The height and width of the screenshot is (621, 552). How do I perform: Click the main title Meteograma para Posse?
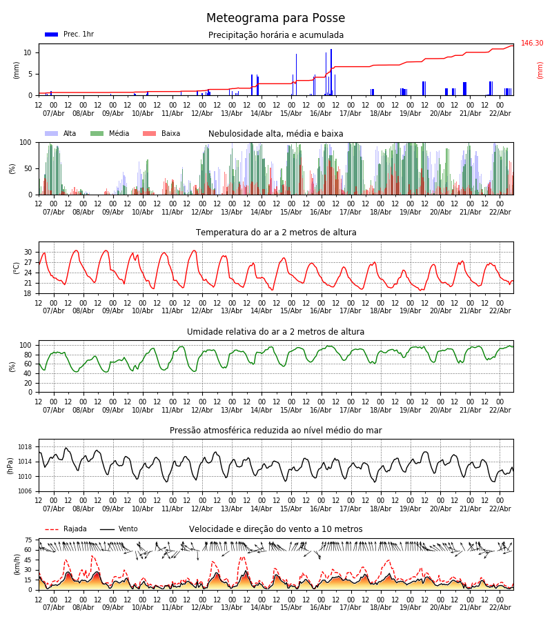point(275,19)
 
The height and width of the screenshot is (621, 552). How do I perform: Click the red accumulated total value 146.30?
point(532,43)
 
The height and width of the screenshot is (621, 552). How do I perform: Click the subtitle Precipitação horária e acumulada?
point(275,35)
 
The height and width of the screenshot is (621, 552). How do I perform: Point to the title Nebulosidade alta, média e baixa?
point(275,134)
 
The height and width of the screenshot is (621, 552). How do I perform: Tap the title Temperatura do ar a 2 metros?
point(275,233)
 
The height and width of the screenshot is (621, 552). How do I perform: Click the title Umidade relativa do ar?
point(275,332)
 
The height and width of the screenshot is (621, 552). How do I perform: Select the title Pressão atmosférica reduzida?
point(275,431)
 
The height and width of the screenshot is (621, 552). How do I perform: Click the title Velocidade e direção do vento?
point(275,529)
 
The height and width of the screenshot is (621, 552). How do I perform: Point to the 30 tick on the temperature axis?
point(28,252)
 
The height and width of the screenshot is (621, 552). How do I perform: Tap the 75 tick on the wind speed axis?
point(28,540)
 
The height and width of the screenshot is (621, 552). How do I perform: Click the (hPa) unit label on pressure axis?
point(10,465)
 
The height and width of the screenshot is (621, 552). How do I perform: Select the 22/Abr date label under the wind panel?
point(500,607)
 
